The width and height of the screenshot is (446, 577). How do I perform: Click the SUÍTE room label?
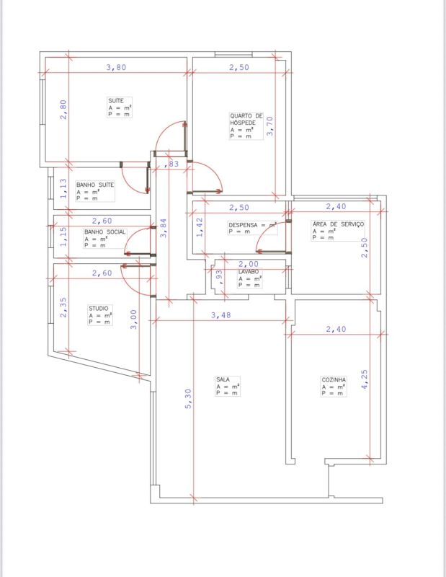click(116, 100)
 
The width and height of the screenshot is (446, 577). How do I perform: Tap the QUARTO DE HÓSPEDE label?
click(246, 119)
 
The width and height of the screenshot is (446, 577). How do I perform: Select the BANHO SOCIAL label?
click(104, 232)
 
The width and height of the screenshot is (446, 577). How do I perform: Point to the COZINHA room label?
click(334, 379)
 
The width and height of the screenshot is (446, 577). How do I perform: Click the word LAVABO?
click(249, 272)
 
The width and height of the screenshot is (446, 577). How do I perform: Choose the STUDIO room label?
click(98, 308)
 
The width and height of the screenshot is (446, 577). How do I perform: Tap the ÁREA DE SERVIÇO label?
click(338, 224)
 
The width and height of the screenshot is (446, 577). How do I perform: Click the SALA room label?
click(223, 379)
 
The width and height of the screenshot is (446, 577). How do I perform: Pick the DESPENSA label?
click(243, 225)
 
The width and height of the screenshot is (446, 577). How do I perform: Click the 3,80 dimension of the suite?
click(116, 67)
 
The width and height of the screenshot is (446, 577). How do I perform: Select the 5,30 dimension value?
click(188, 399)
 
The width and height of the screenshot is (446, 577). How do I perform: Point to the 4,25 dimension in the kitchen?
click(365, 379)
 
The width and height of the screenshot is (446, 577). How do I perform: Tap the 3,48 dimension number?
click(221, 315)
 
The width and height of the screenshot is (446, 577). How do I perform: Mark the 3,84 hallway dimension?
click(164, 228)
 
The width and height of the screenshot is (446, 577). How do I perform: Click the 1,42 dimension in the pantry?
click(200, 227)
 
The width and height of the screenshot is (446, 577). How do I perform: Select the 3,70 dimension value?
click(270, 126)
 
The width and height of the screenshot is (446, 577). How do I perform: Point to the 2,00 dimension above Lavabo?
click(249, 264)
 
